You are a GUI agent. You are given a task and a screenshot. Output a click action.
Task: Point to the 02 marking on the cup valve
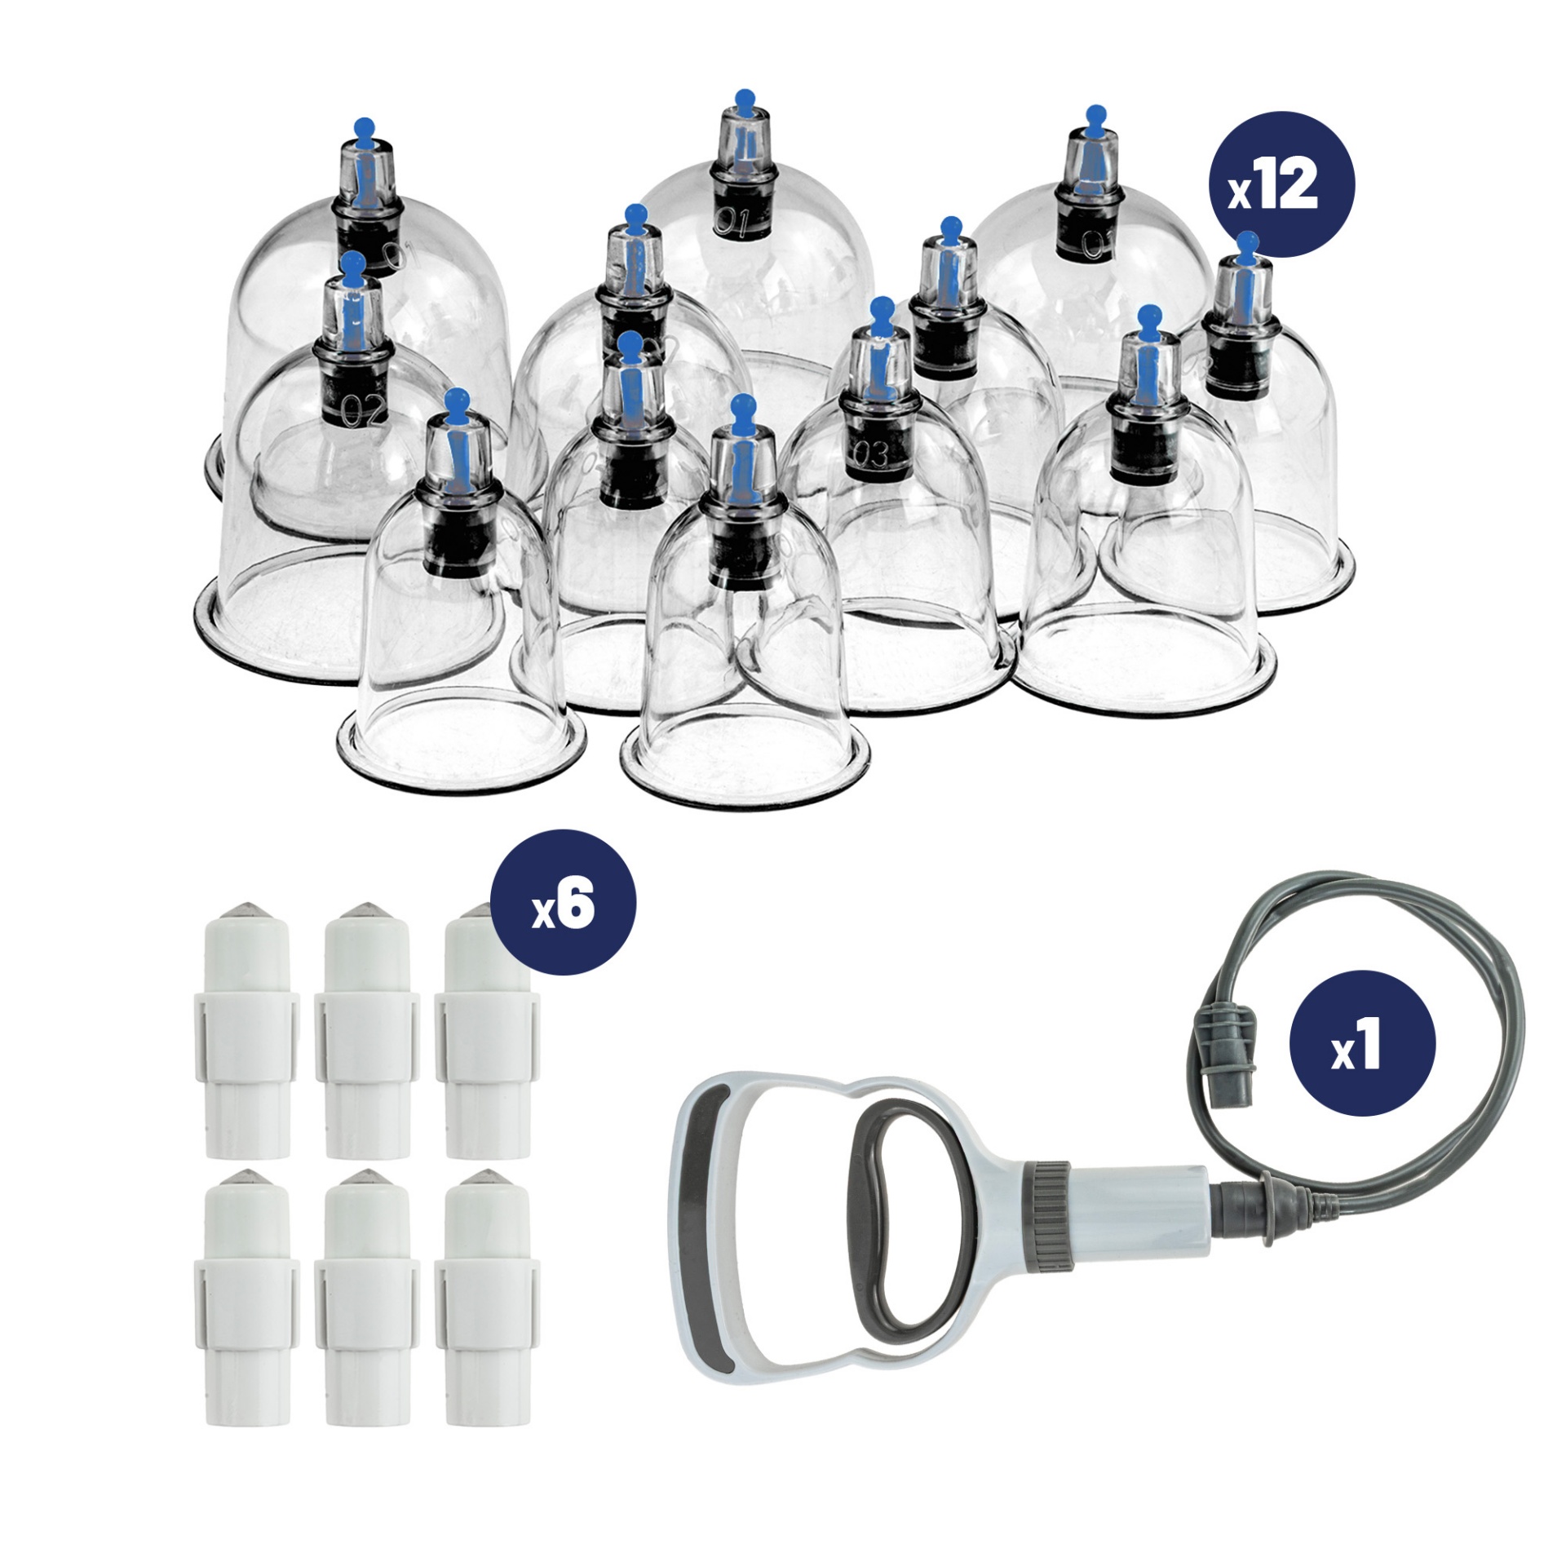(x=365, y=410)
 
